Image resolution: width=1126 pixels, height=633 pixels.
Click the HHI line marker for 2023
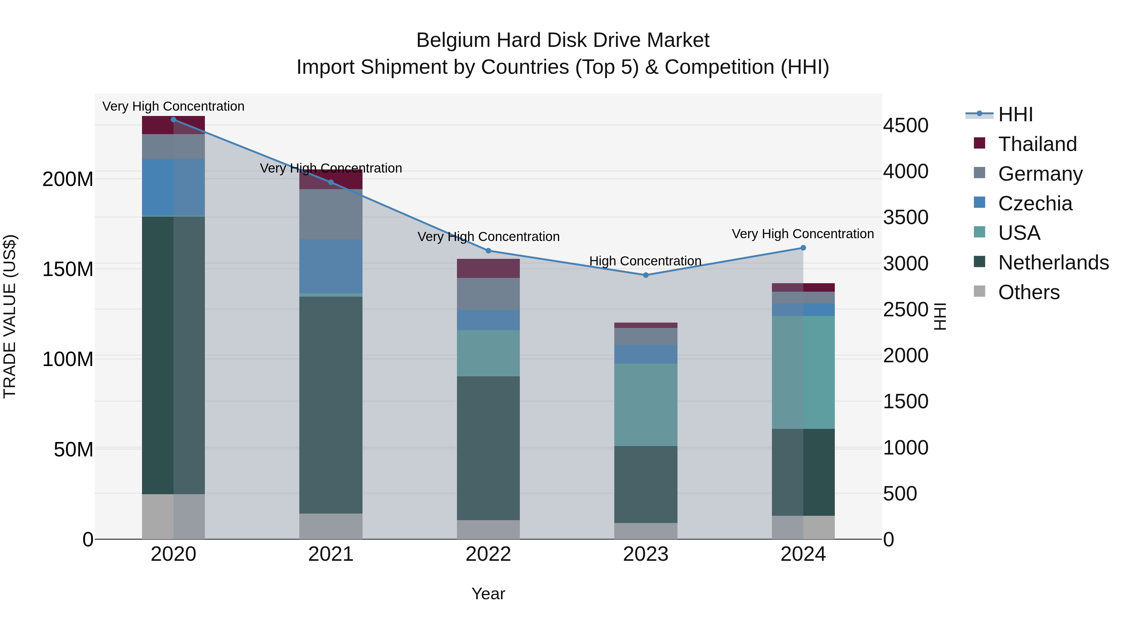pos(646,275)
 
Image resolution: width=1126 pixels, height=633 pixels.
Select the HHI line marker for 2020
pos(174,120)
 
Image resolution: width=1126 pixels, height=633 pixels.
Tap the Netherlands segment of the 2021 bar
pos(331,405)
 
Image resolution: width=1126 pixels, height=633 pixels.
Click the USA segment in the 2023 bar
pos(646,404)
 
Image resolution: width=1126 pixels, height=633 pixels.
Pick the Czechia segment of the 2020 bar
pos(174,188)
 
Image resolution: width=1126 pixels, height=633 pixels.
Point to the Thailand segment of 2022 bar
pos(488,268)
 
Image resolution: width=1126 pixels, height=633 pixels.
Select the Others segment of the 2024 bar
pos(803,527)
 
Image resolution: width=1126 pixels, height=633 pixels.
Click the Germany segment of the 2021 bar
pos(331,214)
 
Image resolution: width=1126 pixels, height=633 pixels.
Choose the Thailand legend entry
pos(1037,144)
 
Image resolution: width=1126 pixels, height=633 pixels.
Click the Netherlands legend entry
pos(1053,263)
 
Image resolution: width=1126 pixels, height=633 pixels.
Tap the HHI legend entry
pos(1015,114)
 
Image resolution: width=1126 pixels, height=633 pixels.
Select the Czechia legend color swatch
pos(980,202)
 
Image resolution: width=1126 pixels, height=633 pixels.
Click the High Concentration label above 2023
pos(645,261)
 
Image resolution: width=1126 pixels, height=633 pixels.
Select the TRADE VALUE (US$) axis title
pos(10,316)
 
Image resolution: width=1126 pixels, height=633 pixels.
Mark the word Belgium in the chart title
pos(453,41)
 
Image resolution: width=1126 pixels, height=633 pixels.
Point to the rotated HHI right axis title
pos(940,316)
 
